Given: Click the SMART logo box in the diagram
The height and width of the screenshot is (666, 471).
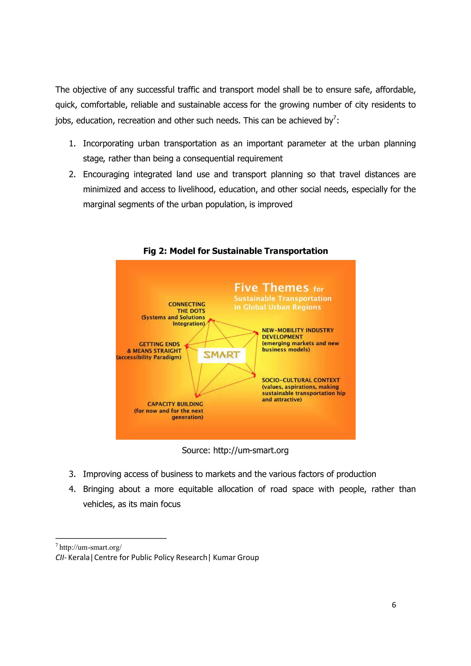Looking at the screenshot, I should coord(221,355).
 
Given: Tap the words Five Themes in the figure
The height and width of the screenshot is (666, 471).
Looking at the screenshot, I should coord(271,287).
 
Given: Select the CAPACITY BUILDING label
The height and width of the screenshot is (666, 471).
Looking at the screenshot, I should coord(175,404).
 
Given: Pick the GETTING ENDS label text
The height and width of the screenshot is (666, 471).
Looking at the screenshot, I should coord(159,344).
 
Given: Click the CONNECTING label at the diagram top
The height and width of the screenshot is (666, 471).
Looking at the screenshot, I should coord(187,304).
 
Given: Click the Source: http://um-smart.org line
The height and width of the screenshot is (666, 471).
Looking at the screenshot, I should coord(235,450).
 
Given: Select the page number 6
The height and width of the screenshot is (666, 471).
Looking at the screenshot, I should coord(393,605).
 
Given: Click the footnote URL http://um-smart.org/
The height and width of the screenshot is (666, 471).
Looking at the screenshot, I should coord(90,547).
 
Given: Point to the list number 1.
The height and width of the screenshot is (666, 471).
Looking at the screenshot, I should coord(72,144).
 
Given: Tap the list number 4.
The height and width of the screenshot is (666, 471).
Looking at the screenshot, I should coord(72,489).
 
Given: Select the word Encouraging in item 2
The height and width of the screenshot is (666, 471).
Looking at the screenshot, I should coord(106,174).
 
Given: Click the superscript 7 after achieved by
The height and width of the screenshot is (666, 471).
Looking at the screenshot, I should coord(334,117).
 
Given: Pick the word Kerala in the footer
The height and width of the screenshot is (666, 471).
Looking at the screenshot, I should coord(79,557).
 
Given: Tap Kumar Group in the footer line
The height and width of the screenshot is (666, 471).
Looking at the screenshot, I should coord(236,557).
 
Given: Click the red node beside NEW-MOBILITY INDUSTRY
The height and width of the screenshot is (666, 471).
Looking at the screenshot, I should coord(256,333).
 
